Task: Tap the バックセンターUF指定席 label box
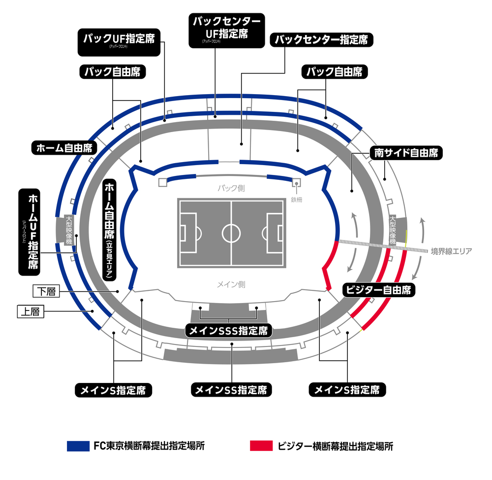coord(226,29)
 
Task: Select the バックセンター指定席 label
coord(321,40)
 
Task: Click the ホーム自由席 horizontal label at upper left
coord(64,148)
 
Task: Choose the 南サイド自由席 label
coord(406,153)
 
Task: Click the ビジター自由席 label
coord(379,290)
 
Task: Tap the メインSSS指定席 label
coord(229,330)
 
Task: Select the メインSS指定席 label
coord(231,390)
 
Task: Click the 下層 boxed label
coord(46,292)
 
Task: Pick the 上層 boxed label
coord(31,311)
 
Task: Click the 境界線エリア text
coord(451,251)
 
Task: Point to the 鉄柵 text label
coord(296,199)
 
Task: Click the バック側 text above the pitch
coord(231,188)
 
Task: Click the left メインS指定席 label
coord(113,390)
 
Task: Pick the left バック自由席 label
coord(113,72)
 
